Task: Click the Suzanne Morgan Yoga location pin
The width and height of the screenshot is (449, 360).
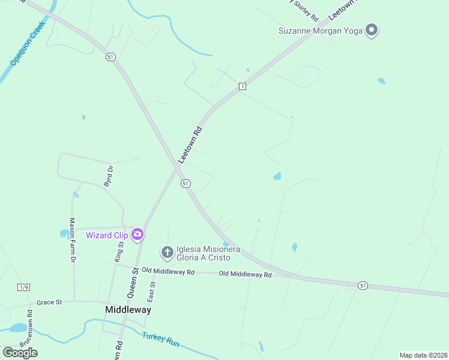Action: point(372,29)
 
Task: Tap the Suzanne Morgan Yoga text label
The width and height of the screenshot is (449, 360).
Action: point(321,31)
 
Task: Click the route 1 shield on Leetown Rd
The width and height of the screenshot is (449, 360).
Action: point(242,87)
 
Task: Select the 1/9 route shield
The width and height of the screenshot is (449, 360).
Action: point(23,287)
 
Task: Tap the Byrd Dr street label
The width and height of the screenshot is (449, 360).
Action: point(109,176)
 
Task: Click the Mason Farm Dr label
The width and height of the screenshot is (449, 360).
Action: point(72,240)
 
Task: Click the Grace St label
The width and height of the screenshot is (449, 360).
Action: point(49,303)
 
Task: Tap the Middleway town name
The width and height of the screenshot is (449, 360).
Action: point(128,310)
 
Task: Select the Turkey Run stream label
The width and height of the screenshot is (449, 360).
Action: point(161,340)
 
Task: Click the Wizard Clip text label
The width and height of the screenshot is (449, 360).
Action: point(106,235)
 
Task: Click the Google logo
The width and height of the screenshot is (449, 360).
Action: point(20,353)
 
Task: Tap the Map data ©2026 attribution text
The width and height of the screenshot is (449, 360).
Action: point(423,355)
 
